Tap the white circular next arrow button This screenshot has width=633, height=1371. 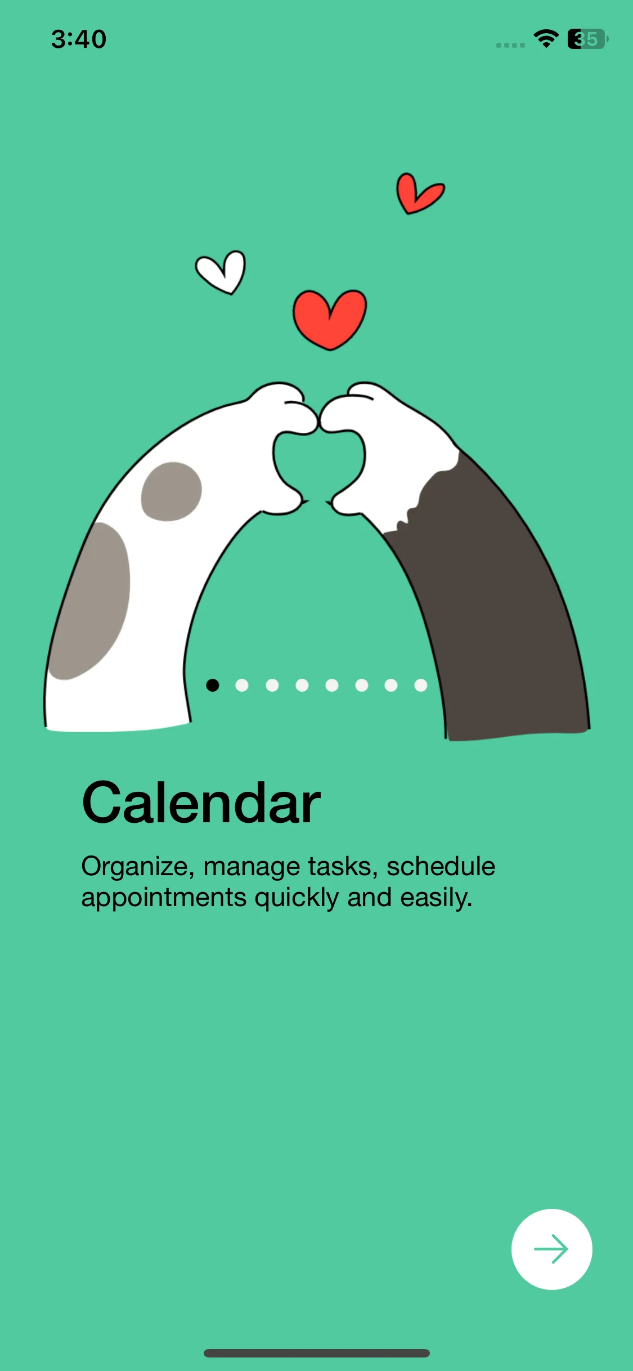coord(551,1249)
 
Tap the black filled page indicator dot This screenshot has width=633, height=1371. coord(213,685)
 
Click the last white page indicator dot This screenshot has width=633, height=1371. coord(421,685)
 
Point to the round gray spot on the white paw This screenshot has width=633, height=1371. coord(171,491)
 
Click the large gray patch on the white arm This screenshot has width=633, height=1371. coord(90,601)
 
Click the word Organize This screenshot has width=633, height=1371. coord(138,867)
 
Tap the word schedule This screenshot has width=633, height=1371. coord(441,866)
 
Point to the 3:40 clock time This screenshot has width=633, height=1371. coord(79,39)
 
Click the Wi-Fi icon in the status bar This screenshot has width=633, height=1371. coord(546,38)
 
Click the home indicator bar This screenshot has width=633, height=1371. coord(317,1353)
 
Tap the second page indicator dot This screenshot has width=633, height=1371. coord(242,685)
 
